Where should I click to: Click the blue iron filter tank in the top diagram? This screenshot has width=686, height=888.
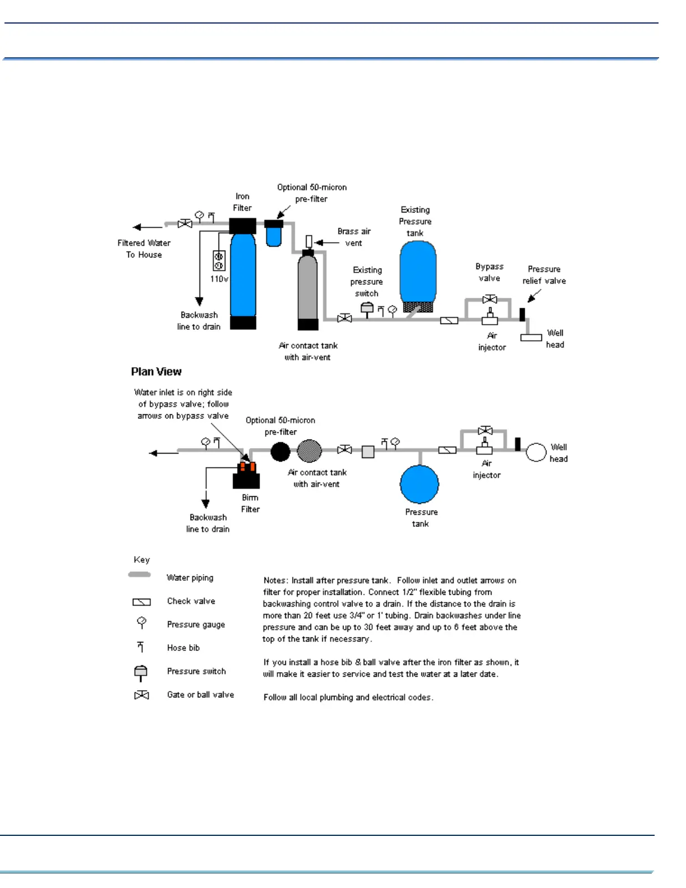(243, 275)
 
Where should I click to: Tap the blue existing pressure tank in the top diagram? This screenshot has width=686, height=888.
(418, 272)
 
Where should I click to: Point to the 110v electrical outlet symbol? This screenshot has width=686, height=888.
(219, 261)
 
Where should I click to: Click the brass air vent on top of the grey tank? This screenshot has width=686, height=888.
(308, 242)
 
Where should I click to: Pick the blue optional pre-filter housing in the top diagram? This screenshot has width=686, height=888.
(274, 236)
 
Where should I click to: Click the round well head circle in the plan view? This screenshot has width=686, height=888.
(536, 452)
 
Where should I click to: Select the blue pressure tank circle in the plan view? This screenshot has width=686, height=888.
(419, 484)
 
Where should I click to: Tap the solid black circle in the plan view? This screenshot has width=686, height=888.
(280, 451)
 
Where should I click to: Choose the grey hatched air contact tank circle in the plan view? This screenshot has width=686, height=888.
(309, 451)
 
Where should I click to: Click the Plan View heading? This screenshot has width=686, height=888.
(156, 372)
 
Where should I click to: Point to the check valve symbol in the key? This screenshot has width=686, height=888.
(141, 602)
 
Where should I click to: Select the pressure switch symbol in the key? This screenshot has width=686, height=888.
(141, 672)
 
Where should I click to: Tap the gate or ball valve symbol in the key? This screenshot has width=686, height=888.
(141, 695)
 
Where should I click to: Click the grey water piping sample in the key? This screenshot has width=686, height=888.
(140, 575)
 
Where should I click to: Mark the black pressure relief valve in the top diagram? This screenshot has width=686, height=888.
(522, 314)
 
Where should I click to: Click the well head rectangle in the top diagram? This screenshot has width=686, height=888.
(531, 337)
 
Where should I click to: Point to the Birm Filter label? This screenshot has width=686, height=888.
(250, 503)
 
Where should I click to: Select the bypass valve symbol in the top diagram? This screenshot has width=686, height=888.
(490, 299)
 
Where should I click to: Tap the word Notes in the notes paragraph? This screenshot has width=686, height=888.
(275, 581)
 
